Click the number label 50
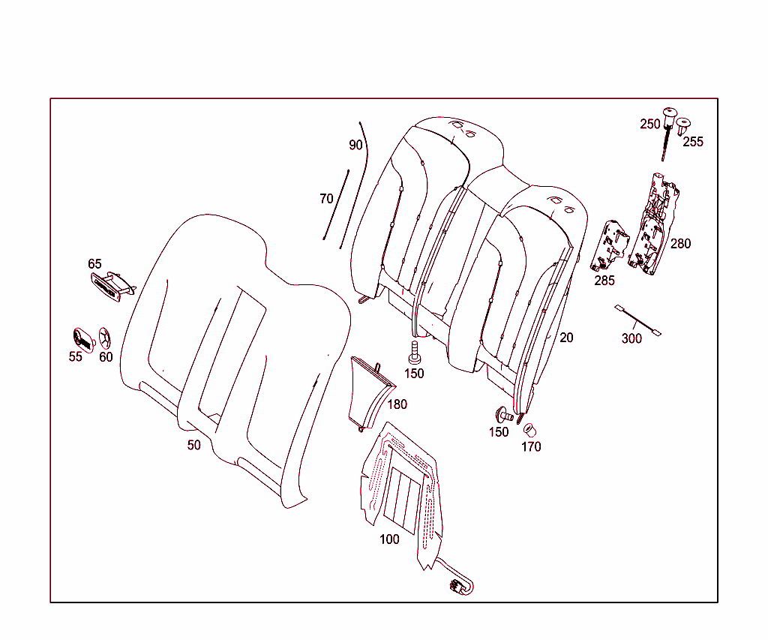point(194,445)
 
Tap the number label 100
point(389,539)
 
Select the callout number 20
point(566,338)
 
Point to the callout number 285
point(604,281)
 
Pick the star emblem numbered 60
point(105,338)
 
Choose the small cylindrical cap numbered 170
point(530,430)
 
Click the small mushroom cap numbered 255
point(684,124)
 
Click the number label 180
point(397,404)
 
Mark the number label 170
point(531,447)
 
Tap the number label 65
point(94,264)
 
